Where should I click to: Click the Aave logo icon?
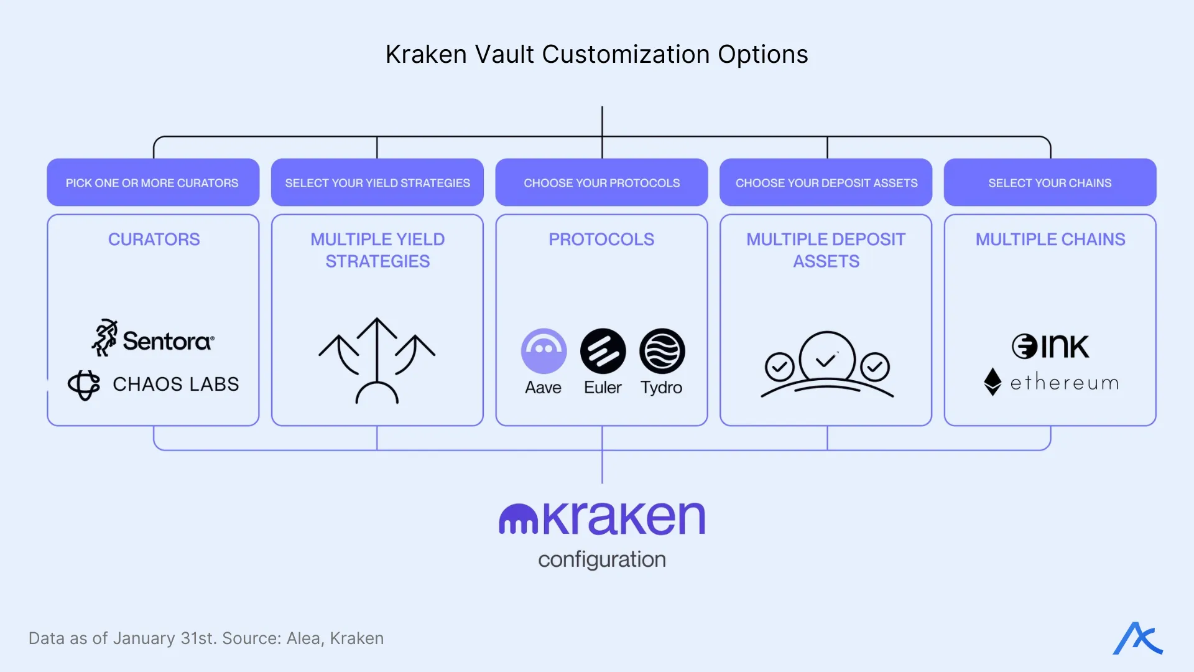[544, 352]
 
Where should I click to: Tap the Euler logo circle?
[603, 352]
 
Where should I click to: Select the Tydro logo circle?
[662, 352]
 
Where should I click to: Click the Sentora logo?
[153, 339]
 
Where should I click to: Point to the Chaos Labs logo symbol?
[84, 385]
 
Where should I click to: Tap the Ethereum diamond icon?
[993, 381]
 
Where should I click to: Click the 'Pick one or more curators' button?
[153, 182]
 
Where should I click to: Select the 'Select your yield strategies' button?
[377, 182]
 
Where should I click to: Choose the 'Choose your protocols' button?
[601, 182]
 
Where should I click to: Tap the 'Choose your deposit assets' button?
[826, 182]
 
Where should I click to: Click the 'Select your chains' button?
[1050, 182]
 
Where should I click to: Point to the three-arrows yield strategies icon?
[377, 360]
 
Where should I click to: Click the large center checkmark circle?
[827, 358]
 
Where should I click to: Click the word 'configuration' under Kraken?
[601, 559]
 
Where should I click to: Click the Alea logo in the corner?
[1137, 638]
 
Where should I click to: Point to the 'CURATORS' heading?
[154, 240]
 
